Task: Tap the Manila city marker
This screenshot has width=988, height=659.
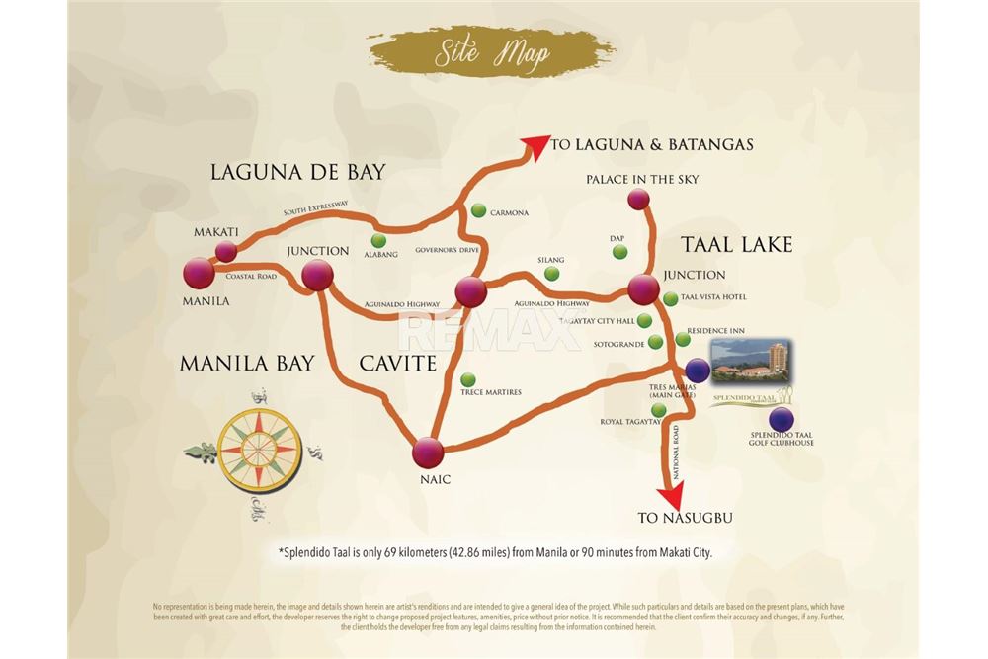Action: (x=199, y=274)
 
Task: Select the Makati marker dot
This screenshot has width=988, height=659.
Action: (x=226, y=251)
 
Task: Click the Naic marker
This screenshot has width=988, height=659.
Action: (x=428, y=452)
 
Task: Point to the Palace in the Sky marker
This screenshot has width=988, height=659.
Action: (x=638, y=200)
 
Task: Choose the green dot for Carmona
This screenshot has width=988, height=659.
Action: (x=478, y=210)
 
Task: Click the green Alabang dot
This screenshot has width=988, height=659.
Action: (x=378, y=240)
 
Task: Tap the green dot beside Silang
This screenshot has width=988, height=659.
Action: (x=551, y=274)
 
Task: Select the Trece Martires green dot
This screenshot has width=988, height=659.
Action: (x=467, y=379)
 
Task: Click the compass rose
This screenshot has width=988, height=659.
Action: (x=259, y=450)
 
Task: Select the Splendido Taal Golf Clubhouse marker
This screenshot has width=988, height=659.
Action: (x=782, y=419)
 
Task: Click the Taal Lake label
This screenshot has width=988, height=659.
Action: (x=735, y=243)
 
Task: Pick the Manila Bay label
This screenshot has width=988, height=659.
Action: (x=247, y=364)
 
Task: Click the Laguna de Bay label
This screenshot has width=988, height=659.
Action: (x=296, y=172)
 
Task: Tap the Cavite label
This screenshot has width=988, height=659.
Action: (x=397, y=364)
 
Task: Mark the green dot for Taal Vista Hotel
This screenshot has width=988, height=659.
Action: (x=671, y=298)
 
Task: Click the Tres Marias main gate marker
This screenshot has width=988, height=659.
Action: (x=698, y=370)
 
